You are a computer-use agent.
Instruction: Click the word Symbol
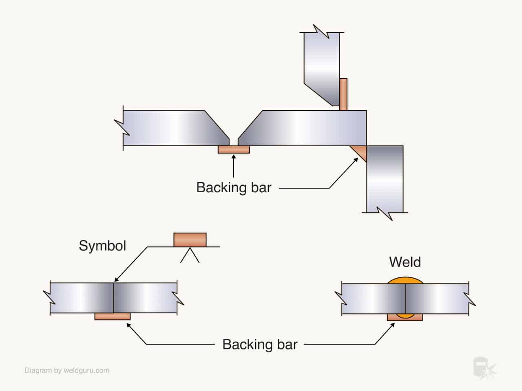click(x=102, y=246)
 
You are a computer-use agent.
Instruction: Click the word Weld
click(x=405, y=262)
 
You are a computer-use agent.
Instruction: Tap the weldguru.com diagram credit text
click(x=67, y=370)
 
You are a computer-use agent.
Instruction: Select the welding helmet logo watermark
click(x=484, y=368)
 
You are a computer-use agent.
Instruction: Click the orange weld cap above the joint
click(x=405, y=280)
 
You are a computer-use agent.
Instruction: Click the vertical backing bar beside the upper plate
click(x=343, y=94)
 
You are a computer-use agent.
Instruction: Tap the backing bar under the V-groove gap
click(x=234, y=149)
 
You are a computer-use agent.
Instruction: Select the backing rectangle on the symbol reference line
click(x=190, y=240)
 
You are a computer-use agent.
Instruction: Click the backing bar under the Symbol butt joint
click(x=113, y=316)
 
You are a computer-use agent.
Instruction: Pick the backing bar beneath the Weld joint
click(x=405, y=317)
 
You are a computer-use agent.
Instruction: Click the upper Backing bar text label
click(x=234, y=188)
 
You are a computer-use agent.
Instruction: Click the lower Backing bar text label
click(x=260, y=345)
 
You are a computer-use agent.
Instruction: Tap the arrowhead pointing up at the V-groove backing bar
click(x=234, y=157)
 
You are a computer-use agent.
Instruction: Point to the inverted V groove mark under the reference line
click(x=190, y=255)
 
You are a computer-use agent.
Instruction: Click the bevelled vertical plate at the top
click(x=321, y=69)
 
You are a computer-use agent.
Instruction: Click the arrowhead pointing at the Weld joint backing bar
click(x=392, y=325)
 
